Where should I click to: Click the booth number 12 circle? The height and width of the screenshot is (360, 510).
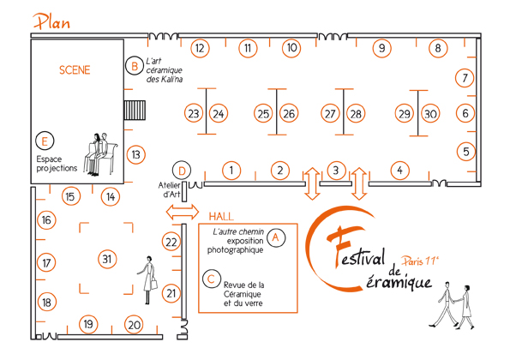tap(200, 49)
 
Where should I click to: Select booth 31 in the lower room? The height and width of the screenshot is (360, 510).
tap(107, 259)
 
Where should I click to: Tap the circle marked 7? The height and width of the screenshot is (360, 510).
tap(465, 78)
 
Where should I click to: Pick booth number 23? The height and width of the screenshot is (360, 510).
tap(194, 113)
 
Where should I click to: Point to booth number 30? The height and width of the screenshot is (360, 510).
tap(430, 114)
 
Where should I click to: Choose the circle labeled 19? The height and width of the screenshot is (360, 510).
tap(88, 324)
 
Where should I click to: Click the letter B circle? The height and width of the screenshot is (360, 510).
tap(134, 66)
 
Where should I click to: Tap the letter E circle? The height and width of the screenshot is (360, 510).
tap(45, 141)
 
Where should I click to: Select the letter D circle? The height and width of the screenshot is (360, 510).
tap(182, 171)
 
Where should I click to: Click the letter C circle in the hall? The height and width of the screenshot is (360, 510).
tap(212, 279)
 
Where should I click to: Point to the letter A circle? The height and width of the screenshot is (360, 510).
tap(276, 237)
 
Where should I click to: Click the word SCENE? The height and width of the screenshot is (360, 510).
tap(75, 70)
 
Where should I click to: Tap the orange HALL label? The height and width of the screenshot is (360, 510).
tap(221, 216)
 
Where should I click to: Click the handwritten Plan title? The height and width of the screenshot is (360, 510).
tap(51, 21)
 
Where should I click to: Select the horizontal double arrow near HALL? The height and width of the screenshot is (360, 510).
tap(182, 213)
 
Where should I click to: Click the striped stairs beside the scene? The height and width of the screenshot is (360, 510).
tap(135, 111)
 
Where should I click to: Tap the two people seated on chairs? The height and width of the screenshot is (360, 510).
tap(100, 154)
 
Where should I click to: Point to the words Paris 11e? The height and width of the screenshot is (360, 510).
tap(420, 261)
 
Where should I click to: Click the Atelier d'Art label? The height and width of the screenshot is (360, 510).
tap(170, 190)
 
